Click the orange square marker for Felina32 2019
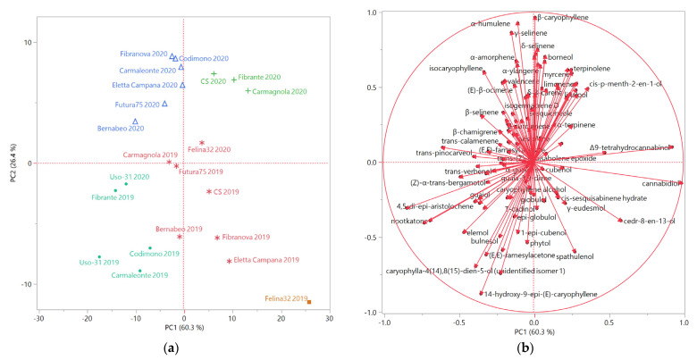click(310, 302)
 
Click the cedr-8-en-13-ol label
click(651, 221)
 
